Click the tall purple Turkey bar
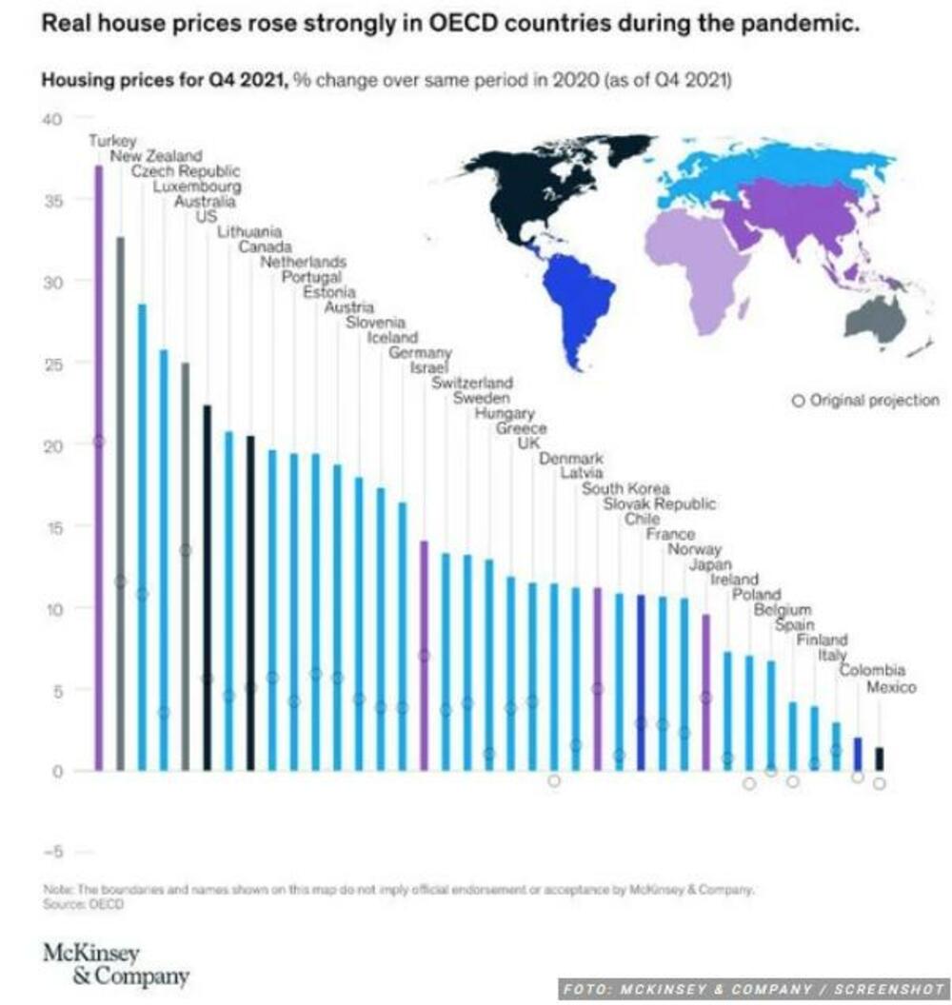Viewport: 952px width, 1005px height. (x=99, y=466)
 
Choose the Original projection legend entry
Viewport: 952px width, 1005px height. (x=865, y=401)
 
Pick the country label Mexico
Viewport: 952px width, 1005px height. (x=891, y=687)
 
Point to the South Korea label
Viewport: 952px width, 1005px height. (x=625, y=488)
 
